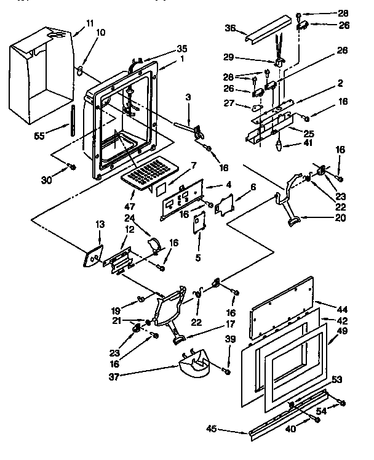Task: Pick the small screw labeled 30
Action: click(x=72, y=166)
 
